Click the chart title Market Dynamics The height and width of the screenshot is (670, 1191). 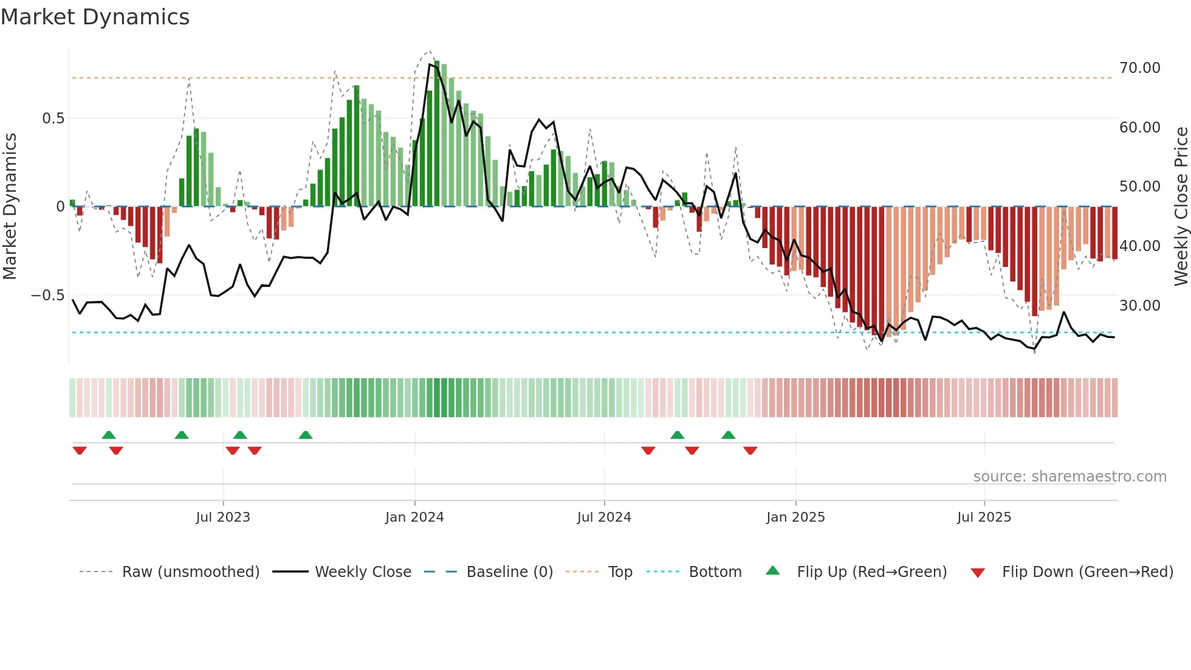click(95, 17)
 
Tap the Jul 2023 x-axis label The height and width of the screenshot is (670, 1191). click(223, 517)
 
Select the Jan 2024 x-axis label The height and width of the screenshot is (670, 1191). click(414, 517)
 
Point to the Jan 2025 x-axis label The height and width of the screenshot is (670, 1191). click(795, 517)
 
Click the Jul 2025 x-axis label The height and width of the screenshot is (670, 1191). click(984, 517)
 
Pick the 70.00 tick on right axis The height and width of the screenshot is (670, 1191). click(1140, 68)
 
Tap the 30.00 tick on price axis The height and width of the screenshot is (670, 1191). click(1140, 306)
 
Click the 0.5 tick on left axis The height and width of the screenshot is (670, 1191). click(53, 119)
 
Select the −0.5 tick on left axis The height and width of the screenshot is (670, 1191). click(48, 295)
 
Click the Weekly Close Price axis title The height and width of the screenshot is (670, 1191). click(1181, 207)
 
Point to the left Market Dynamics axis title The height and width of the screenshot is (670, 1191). click(10, 207)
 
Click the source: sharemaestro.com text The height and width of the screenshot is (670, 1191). click(1069, 477)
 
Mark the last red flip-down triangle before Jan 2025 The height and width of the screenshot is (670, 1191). click(750, 451)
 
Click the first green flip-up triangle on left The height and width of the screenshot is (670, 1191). click(109, 435)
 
